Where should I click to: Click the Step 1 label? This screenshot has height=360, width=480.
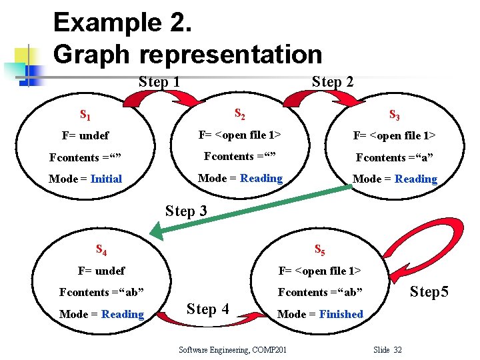159,82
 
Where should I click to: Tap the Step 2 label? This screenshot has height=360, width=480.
333,82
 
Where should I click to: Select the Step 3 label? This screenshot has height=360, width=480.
186,211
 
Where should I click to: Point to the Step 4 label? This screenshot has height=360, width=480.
208,309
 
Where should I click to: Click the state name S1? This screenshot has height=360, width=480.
85,114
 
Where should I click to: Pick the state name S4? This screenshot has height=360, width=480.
102,251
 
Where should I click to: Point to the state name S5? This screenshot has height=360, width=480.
319,251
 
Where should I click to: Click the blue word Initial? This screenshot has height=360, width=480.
106,179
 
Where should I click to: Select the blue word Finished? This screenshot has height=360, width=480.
341,314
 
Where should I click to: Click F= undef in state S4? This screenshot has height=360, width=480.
101,271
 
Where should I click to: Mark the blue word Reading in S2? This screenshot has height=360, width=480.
261,178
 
